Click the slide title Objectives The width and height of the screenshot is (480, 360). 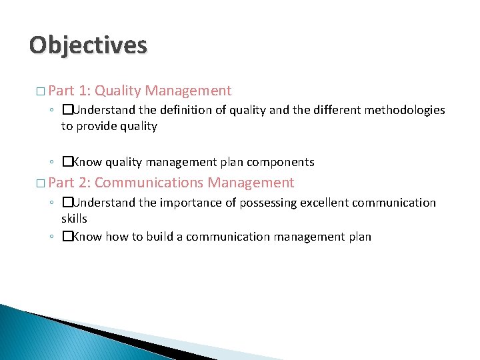click(88, 45)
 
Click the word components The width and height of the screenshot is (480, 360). click(281, 162)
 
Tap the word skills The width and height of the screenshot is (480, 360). click(74, 219)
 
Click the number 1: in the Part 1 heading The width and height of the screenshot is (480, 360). click(84, 91)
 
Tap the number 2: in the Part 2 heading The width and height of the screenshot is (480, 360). click(84, 183)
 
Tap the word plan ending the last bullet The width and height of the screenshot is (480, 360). click(359, 237)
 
